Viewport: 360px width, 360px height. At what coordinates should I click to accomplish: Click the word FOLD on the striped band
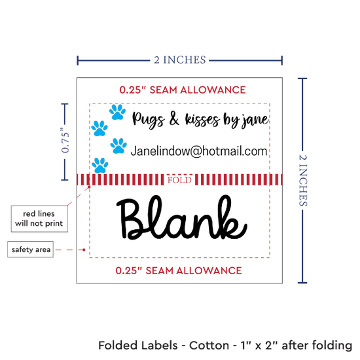click(x=179, y=180)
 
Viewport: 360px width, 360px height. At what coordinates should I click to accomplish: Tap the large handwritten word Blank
click(x=181, y=217)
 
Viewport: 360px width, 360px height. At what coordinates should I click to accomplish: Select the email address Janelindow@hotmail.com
click(x=199, y=151)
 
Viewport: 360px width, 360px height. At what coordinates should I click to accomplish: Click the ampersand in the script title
click(x=174, y=119)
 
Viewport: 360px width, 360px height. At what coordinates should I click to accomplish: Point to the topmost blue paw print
click(x=118, y=112)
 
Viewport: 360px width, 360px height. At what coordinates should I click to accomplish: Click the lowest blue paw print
click(x=100, y=166)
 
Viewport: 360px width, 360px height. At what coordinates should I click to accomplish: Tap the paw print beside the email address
click(x=118, y=146)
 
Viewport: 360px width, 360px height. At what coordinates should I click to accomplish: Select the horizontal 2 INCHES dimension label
click(x=180, y=60)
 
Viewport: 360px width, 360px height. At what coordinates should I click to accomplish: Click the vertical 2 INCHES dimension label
click(x=303, y=181)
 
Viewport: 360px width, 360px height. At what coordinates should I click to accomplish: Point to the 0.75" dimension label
click(x=65, y=140)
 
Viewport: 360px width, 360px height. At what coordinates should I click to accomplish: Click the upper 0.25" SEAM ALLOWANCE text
click(x=183, y=90)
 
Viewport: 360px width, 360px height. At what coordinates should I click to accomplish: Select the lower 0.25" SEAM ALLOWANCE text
click(x=179, y=270)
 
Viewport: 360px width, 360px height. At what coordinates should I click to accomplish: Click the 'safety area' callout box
click(x=31, y=249)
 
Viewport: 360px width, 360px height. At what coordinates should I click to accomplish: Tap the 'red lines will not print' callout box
click(x=39, y=219)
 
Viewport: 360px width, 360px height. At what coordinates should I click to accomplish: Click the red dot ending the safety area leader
click(x=84, y=249)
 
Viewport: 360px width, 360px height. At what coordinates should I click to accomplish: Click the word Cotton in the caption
click(x=209, y=346)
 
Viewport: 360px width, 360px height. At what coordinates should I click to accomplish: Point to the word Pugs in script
click(x=149, y=120)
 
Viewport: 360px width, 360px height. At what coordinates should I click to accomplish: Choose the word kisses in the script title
click(x=202, y=120)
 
